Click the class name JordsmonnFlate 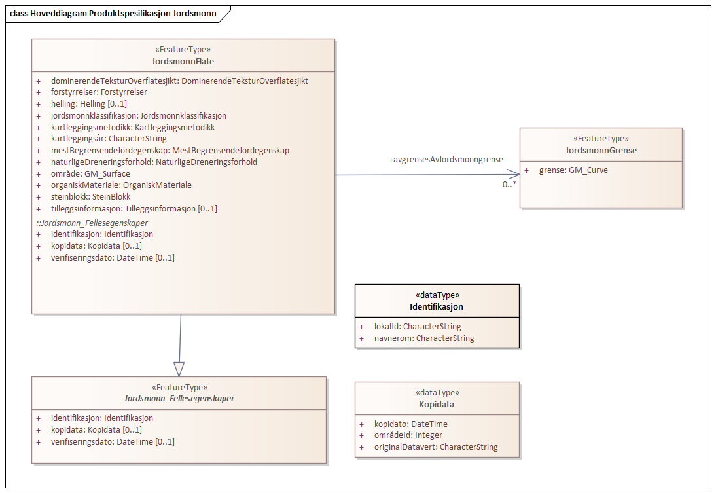[x=183, y=62]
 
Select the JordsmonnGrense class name [x=600, y=151]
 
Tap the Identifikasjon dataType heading [x=437, y=306]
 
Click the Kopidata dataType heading [x=437, y=404]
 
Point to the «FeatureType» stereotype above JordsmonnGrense [x=600, y=139]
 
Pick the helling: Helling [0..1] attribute [x=89, y=104]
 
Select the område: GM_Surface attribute [x=90, y=173]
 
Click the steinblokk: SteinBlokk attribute [x=90, y=196]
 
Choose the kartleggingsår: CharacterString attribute [x=109, y=139]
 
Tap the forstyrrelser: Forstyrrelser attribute [x=99, y=92]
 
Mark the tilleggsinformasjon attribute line [x=134, y=209]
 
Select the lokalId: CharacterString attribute [x=417, y=326]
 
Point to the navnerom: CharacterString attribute [x=423, y=338]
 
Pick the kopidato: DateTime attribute [x=410, y=424]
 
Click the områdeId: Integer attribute [x=408, y=435]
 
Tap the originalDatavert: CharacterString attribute [x=435, y=447]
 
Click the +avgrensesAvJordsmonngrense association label [x=446, y=160]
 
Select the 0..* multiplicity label [x=509, y=185]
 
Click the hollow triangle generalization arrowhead [x=179, y=369]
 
